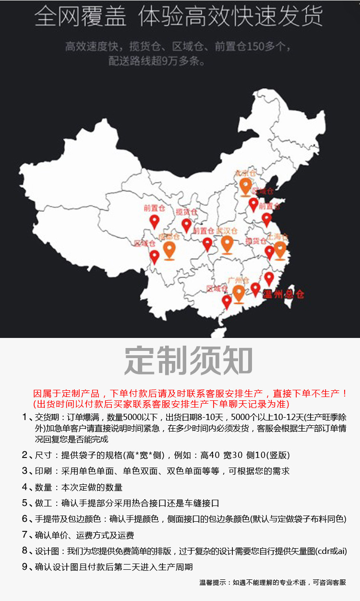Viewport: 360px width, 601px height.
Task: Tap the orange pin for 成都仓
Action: pos(169,250)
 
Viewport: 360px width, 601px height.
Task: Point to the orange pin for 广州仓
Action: pos(239,293)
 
